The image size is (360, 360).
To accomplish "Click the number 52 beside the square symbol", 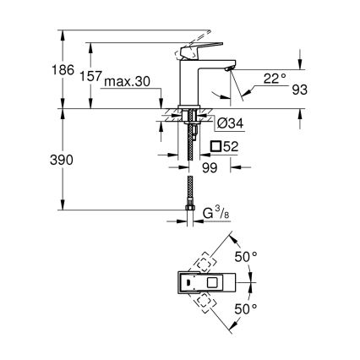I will coord(233,145).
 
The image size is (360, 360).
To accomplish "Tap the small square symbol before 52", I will coord(215,145).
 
